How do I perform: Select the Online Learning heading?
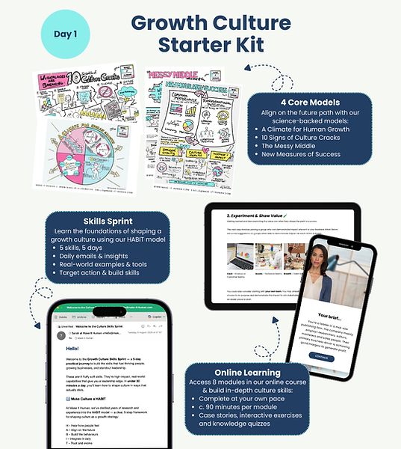[x=247, y=373]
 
